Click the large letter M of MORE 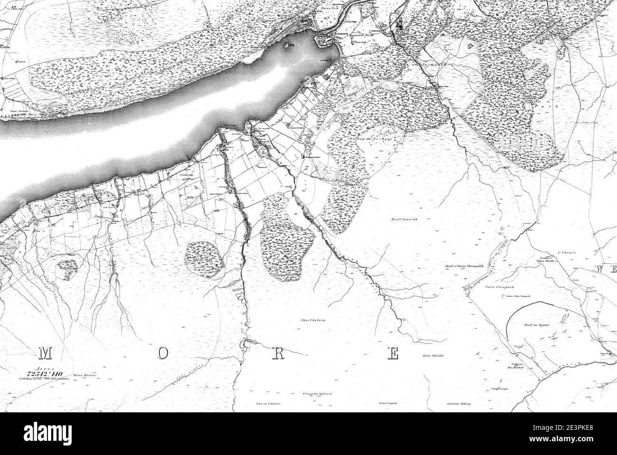pos(46,353)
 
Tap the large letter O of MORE pos(163,353)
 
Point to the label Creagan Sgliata pos(313,393)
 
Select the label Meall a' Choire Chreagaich pos(464,266)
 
